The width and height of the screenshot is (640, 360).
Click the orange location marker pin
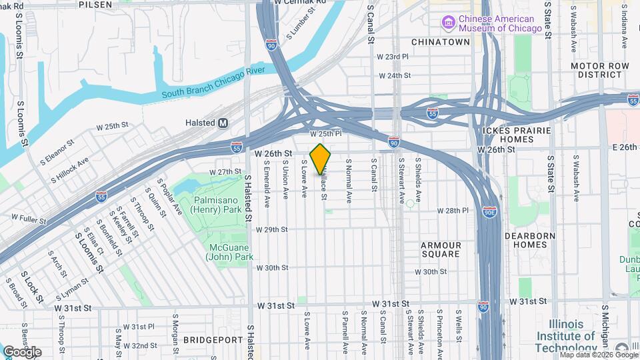click(321, 159)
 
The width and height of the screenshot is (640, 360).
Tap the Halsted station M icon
click(223, 123)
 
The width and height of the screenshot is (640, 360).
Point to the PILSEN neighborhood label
click(95, 4)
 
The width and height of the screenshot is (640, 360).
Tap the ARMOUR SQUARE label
click(441, 249)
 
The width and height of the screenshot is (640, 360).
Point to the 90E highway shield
click(490, 211)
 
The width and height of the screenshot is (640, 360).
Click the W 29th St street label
click(271, 229)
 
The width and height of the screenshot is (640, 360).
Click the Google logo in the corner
click(23, 352)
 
